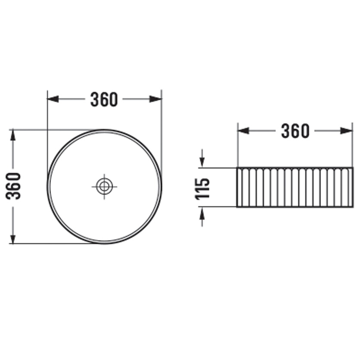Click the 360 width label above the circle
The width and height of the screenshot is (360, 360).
[104, 99]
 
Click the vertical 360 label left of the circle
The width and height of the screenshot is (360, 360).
[13, 186]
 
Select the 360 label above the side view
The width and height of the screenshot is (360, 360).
[295, 131]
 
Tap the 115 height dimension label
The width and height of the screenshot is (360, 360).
[202, 188]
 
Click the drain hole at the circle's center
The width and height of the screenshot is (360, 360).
[105, 186]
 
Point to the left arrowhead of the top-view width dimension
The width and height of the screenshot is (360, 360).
[53, 99]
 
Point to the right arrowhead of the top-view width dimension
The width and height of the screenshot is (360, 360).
[156, 99]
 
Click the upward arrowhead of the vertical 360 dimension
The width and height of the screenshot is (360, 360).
[13, 136]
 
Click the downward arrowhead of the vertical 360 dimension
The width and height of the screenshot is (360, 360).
[13, 238]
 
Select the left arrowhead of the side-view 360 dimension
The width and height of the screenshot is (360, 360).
[243, 131]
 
